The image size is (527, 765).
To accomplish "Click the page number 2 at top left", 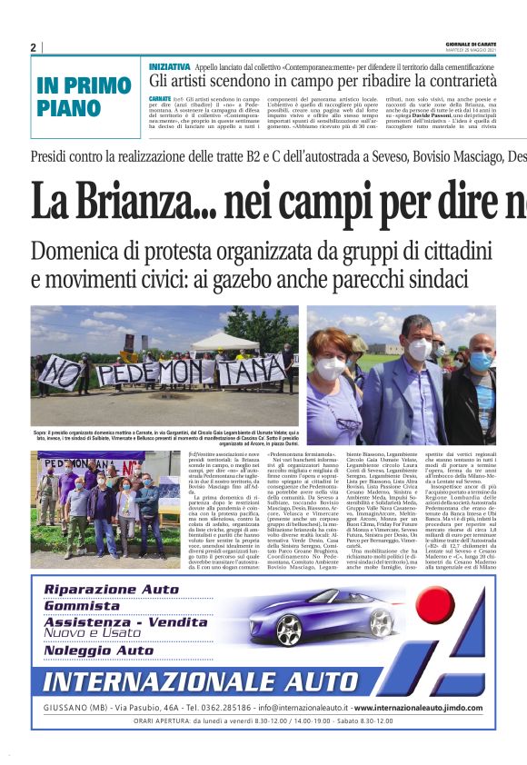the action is tap(34, 48).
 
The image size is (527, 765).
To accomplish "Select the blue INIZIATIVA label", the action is tap(170, 67).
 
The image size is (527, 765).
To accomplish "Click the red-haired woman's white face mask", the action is tap(332, 368).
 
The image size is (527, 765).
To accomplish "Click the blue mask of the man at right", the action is tap(481, 362).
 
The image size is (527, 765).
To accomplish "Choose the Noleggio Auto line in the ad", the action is tap(99, 651).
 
